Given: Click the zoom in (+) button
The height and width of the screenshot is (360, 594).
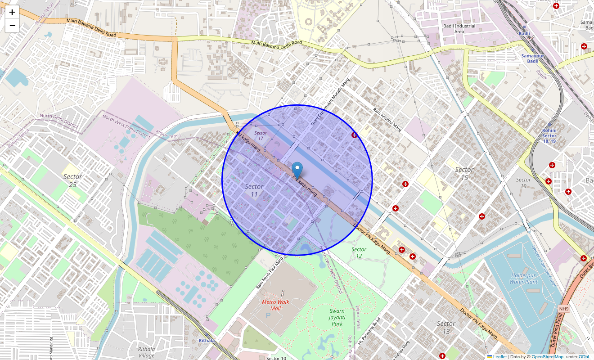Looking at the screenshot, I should click(x=12, y=13).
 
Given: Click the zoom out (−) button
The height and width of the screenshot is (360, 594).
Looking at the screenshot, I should click(x=12, y=26).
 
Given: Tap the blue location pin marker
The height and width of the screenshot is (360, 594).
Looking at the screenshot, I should click(x=297, y=171).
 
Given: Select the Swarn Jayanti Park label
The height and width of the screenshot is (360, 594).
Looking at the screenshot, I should click(x=337, y=317).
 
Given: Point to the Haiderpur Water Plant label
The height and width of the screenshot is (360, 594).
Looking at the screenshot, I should click(x=523, y=279).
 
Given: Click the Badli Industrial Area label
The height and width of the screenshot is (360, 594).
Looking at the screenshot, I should click(x=459, y=29).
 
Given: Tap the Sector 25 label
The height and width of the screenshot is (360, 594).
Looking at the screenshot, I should click(x=72, y=180).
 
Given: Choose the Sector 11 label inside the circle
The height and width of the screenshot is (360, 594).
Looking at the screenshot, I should click(x=254, y=190).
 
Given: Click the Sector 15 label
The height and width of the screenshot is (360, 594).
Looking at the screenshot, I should click(x=464, y=174).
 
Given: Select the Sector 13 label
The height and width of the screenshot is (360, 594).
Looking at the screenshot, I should click(x=446, y=328).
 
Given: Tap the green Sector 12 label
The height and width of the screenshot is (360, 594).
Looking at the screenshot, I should click(x=359, y=252).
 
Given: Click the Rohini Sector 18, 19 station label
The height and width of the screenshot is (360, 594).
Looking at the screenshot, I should click(x=549, y=136).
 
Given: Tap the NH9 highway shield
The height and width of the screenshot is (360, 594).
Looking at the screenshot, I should click(x=564, y=309).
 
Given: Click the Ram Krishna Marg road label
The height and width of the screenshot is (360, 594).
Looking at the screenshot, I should click(x=387, y=118).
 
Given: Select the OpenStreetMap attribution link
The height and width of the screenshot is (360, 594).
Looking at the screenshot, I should click(x=547, y=357).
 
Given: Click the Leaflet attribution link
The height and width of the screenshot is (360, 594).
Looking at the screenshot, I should click(x=499, y=357).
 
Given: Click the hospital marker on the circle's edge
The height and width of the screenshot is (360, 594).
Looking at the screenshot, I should click(x=355, y=135).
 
